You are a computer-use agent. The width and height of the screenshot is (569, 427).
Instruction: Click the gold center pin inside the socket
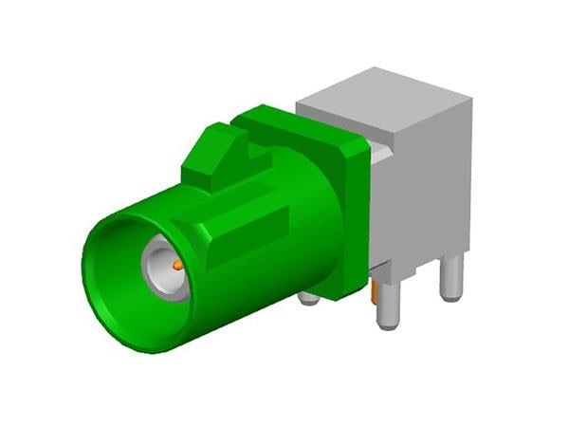[177, 266]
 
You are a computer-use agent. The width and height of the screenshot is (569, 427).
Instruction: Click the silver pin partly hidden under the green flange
[308, 298]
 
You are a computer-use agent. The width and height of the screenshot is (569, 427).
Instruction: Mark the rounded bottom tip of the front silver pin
[388, 323]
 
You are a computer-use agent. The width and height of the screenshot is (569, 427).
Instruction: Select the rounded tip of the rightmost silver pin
[452, 296]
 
